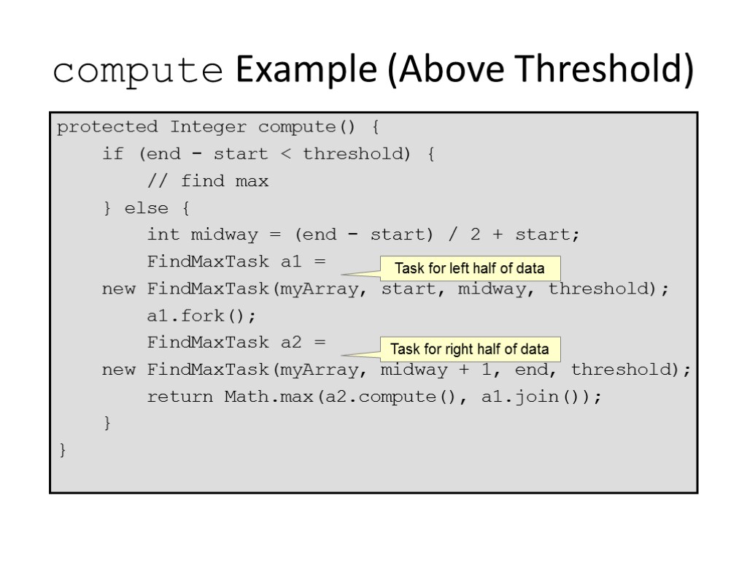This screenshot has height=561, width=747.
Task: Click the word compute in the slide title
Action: tap(138, 72)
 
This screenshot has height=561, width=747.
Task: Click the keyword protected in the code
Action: tap(107, 127)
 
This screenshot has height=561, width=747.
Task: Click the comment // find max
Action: tap(208, 181)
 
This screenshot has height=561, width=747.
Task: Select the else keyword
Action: tap(146, 208)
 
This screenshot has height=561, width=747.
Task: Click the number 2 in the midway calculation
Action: tap(476, 235)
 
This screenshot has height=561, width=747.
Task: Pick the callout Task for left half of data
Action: tap(470, 268)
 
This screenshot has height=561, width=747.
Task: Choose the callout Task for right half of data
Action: tap(470, 348)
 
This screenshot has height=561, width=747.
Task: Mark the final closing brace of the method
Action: tap(63, 451)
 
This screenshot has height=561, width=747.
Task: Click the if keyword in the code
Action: tap(113, 154)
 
